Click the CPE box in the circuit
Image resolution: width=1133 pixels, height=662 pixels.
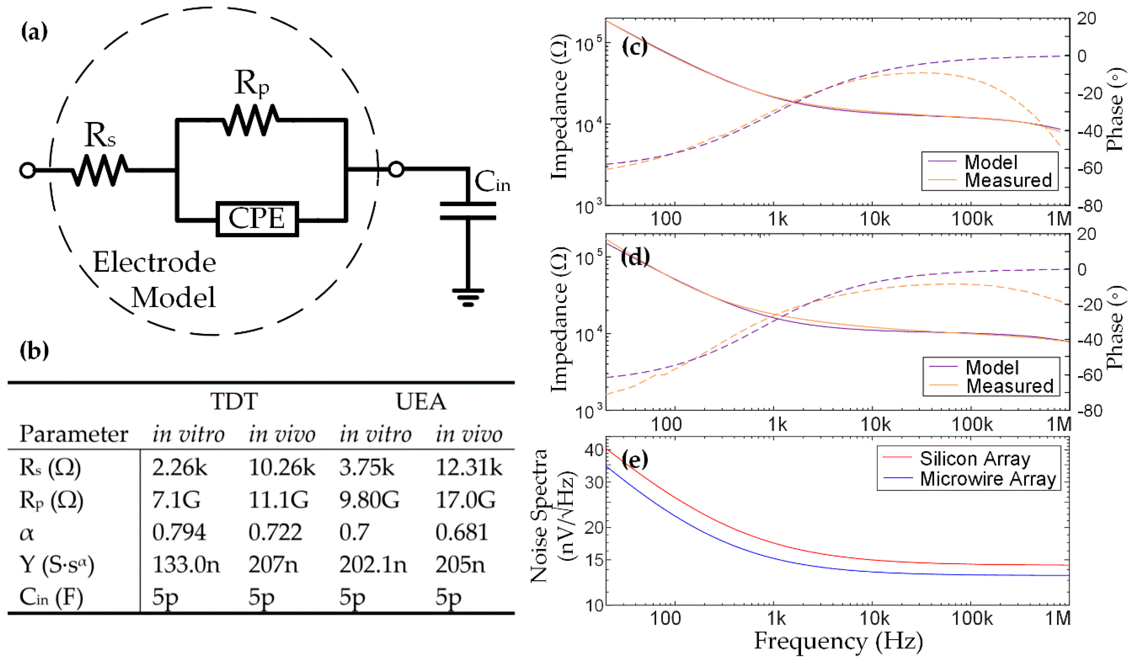coord(257,219)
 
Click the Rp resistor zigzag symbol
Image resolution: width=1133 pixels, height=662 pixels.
coord(251,120)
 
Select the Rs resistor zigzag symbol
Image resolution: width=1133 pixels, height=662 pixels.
coord(100,170)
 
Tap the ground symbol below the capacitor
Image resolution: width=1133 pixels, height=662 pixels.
coord(468,297)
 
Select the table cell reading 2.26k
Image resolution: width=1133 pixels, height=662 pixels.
coord(180,468)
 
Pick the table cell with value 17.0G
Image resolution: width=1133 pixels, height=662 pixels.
coord(465,500)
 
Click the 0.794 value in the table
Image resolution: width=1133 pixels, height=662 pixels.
coord(179,532)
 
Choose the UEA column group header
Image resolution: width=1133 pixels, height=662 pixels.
coord(421,402)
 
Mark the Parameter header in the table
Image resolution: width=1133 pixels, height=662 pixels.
coord(74,435)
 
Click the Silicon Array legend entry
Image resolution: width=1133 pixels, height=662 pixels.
coord(975,459)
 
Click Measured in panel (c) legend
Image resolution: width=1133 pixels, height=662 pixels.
coord(1008,180)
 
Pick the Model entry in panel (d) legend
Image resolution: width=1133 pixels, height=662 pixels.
coord(992,368)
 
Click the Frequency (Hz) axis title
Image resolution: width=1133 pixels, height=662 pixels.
coord(838,641)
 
